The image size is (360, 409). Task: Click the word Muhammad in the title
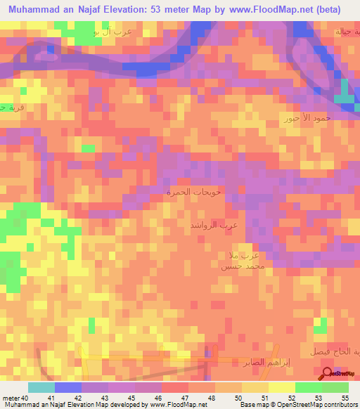click(34, 10)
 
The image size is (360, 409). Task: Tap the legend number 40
click(25, 398)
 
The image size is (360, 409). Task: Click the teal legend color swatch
click(41, 387)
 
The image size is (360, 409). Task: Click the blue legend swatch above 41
click(68, 387)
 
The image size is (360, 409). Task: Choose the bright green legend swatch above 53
click(309, 387)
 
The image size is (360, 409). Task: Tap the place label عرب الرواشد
click(214, 225)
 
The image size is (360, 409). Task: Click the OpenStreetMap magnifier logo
click(328, 374)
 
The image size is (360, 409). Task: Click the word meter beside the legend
click(11, 398)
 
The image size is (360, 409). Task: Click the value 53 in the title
click(158, 10)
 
